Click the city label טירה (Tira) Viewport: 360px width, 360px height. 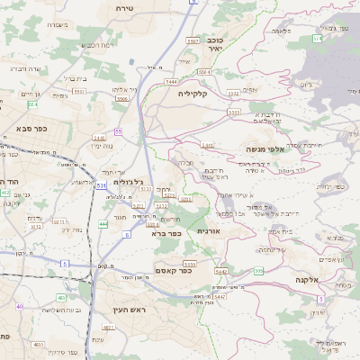click(124, 7)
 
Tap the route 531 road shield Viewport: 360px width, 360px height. click(102, 185)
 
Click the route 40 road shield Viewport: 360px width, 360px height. click(19, 306)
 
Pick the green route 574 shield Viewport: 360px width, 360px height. click(317, 39)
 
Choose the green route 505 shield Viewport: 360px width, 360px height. click(259, 271)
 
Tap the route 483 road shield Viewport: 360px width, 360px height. click(64, 345)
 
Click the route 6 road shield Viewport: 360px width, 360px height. click(126, 234)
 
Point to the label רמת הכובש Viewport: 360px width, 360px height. click(95, 45)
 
